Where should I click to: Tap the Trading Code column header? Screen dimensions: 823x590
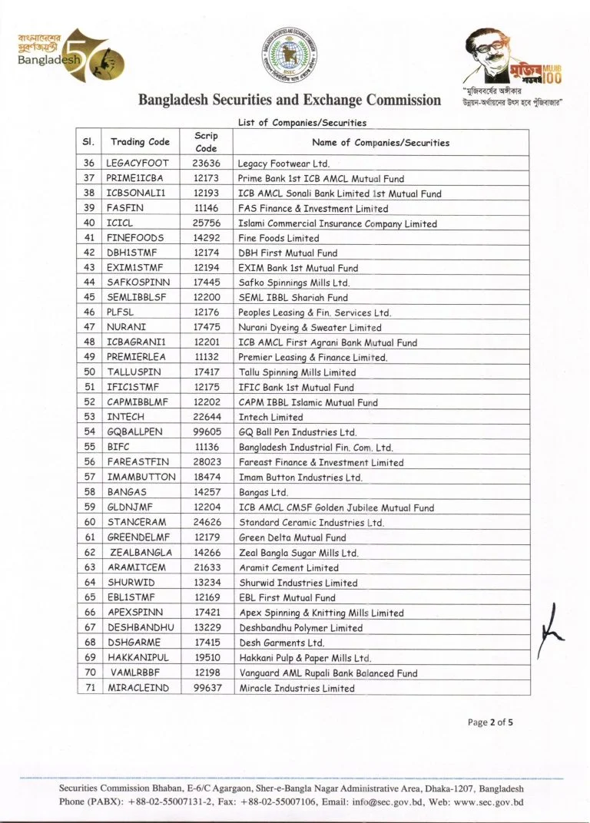coord(140,142)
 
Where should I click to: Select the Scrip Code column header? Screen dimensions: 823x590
coord(206,141)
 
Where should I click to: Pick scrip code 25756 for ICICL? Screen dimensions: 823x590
coord(207,223)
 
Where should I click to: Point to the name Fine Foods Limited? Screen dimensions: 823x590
coord(278,239)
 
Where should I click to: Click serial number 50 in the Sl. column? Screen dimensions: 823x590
coord(90,372)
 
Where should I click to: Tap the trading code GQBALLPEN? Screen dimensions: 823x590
coord(135,432)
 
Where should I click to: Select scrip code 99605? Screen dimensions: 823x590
coord(207,432)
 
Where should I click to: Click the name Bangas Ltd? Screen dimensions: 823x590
coord(264,492)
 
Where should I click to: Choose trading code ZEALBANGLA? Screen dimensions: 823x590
coord(141,552)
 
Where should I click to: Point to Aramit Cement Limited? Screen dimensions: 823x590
coord(289,567)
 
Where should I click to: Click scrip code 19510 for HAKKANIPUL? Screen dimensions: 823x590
coord(207,658)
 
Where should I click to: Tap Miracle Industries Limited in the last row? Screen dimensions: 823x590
coord(297,688)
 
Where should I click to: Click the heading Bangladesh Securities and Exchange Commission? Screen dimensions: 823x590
coord(290,101)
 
